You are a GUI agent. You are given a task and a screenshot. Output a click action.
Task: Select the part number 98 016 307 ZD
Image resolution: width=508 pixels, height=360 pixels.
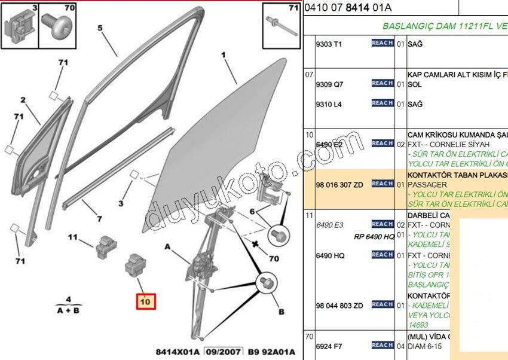(x=339, y=185)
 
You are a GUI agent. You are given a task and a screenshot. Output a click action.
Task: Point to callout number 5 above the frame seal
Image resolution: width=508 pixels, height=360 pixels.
(x=100, y=28)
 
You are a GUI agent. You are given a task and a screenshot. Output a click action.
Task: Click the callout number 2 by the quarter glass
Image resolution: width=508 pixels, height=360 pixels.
(x=24, y=100)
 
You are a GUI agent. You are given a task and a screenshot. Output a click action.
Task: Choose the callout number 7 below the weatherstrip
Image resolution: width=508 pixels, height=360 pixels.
(x=99, y=219)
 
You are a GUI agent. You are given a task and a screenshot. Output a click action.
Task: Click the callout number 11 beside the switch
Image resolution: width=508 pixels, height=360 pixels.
(x=73, y=237)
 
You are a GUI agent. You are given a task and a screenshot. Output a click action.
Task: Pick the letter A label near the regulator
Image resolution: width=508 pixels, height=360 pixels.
(x=168, y=247)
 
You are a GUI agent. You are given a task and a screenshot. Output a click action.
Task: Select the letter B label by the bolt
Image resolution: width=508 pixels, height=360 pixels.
(x=280, y=311)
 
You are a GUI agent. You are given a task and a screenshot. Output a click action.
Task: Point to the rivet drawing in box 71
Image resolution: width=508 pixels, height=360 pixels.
(x=280, y=26)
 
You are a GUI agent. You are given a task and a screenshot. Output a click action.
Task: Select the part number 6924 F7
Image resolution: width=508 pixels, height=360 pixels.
(x=329, y=346)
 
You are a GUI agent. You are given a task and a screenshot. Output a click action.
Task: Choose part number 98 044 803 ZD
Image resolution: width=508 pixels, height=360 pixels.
(x=339, y=306)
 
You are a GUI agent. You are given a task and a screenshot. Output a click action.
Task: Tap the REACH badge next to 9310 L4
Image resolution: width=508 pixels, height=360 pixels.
(x=382, y=103)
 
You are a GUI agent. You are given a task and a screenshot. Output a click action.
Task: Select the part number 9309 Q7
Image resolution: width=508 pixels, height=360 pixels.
(x=329, y=85)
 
